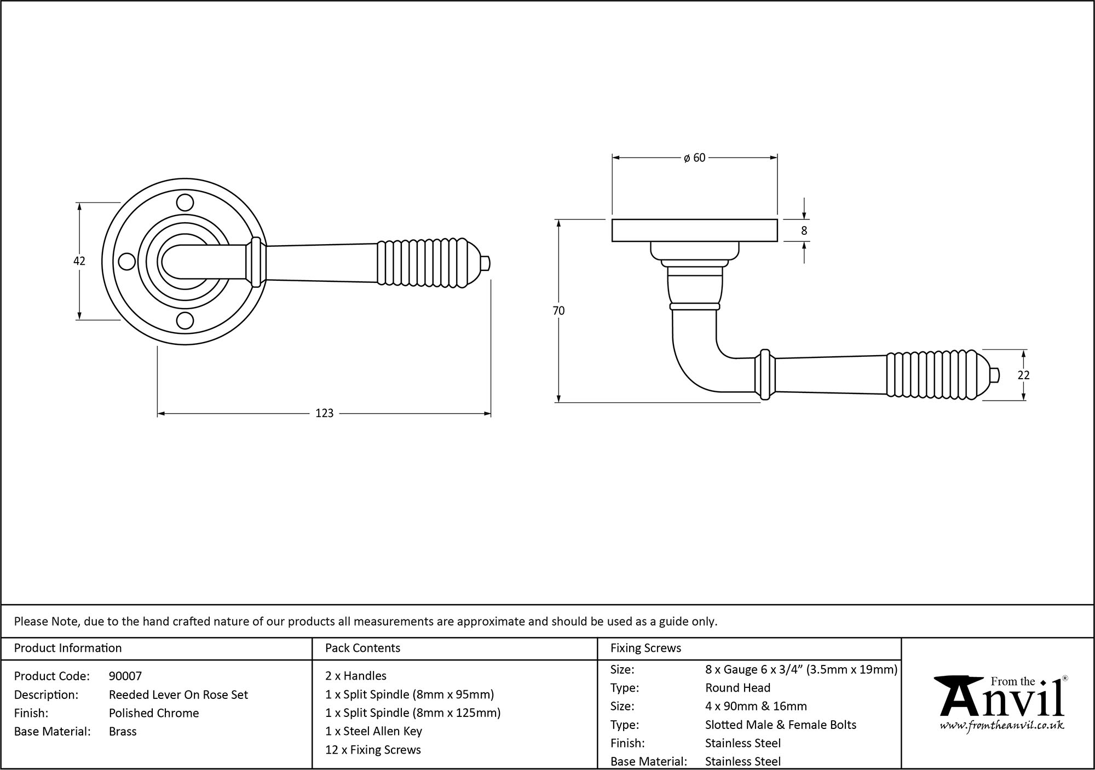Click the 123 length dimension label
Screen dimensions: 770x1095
324,413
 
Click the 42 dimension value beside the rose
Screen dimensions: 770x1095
79,261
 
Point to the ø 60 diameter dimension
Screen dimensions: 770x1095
694,158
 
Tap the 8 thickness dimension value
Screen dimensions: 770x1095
804,231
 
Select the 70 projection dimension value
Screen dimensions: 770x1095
558,311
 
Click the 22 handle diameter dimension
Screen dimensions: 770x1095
1023,375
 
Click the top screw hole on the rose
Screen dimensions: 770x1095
186,202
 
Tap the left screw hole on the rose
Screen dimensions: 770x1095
127,262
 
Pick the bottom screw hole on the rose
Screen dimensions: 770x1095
186,320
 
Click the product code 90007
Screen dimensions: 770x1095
125,676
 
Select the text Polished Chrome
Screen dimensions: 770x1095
154,713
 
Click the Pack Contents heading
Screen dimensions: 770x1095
362,648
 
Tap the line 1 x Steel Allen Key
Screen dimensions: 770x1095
373,731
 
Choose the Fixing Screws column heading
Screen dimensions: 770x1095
646,648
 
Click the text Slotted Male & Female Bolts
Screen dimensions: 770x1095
780,725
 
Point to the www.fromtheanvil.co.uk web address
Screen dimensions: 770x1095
1001,726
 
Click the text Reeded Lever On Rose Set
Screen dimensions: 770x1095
178,694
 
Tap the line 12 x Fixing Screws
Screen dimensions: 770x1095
373,750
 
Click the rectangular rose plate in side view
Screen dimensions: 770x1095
694,230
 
